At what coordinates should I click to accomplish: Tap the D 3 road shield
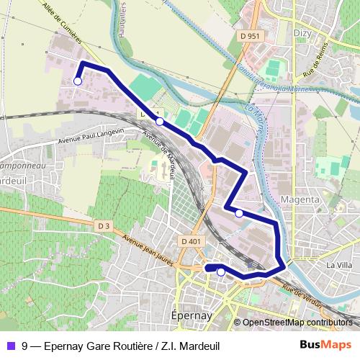click(x=104, y=226)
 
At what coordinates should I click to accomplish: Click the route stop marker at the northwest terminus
click(x=77, y=81)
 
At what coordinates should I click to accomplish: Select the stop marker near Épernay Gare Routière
click(x=221, y=271)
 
